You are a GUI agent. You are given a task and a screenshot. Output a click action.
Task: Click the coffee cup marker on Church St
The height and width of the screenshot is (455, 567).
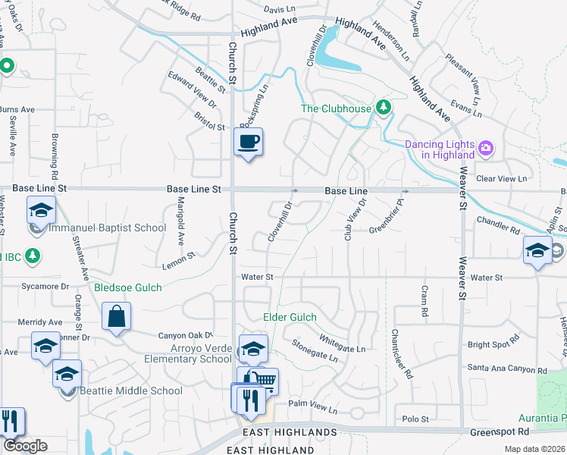coord(249,141)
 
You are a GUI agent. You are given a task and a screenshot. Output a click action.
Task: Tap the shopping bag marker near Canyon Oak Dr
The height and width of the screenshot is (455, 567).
coord(116,317)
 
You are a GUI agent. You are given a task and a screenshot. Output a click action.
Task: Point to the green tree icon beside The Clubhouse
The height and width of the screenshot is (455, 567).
coord(384,108)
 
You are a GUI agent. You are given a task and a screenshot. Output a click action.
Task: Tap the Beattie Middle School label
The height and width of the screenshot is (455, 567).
coord(133,391)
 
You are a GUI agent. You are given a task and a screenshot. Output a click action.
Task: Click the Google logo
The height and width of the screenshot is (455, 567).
coord(25,446)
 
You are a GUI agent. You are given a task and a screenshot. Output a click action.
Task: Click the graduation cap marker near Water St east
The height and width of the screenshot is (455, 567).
coord(537,251)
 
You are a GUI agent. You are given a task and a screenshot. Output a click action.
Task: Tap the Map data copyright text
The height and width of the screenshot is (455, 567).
coord(534,449)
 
